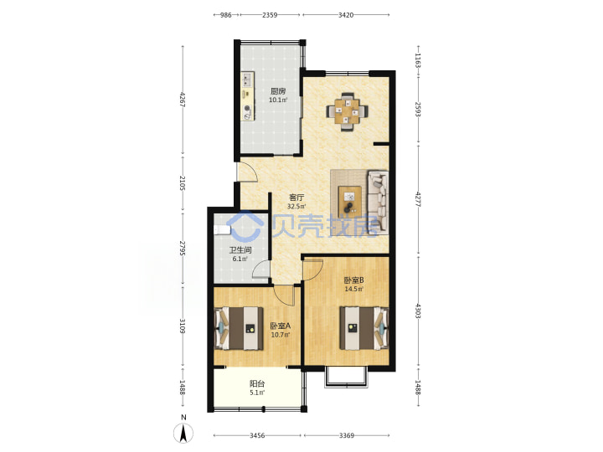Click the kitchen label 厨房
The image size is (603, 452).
coord(278,91)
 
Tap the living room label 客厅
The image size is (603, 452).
coord(296,198)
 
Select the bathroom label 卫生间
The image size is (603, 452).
coord(240,250)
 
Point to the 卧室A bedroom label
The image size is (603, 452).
coord(280,326)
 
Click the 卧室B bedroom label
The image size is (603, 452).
coord(353,280)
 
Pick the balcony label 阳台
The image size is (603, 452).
coord(257,383)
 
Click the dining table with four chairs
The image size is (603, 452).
coord(347,111)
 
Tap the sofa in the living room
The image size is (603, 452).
coord(378,202)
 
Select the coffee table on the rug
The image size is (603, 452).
coord(349,199)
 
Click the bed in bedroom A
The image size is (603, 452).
coord(239,328)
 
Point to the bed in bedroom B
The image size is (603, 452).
coord(364,328)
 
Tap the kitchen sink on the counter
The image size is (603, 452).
coord(247,80)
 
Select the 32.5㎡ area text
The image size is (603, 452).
coord(296,207)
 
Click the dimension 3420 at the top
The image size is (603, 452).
coord(346,15)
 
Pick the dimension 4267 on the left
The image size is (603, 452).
coord(183,100)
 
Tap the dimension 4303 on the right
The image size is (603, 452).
coord(418,311)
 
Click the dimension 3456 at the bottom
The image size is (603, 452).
coord(257,435)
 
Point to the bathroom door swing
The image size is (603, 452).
coord(260,269)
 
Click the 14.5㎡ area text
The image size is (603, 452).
coord(353,289)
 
